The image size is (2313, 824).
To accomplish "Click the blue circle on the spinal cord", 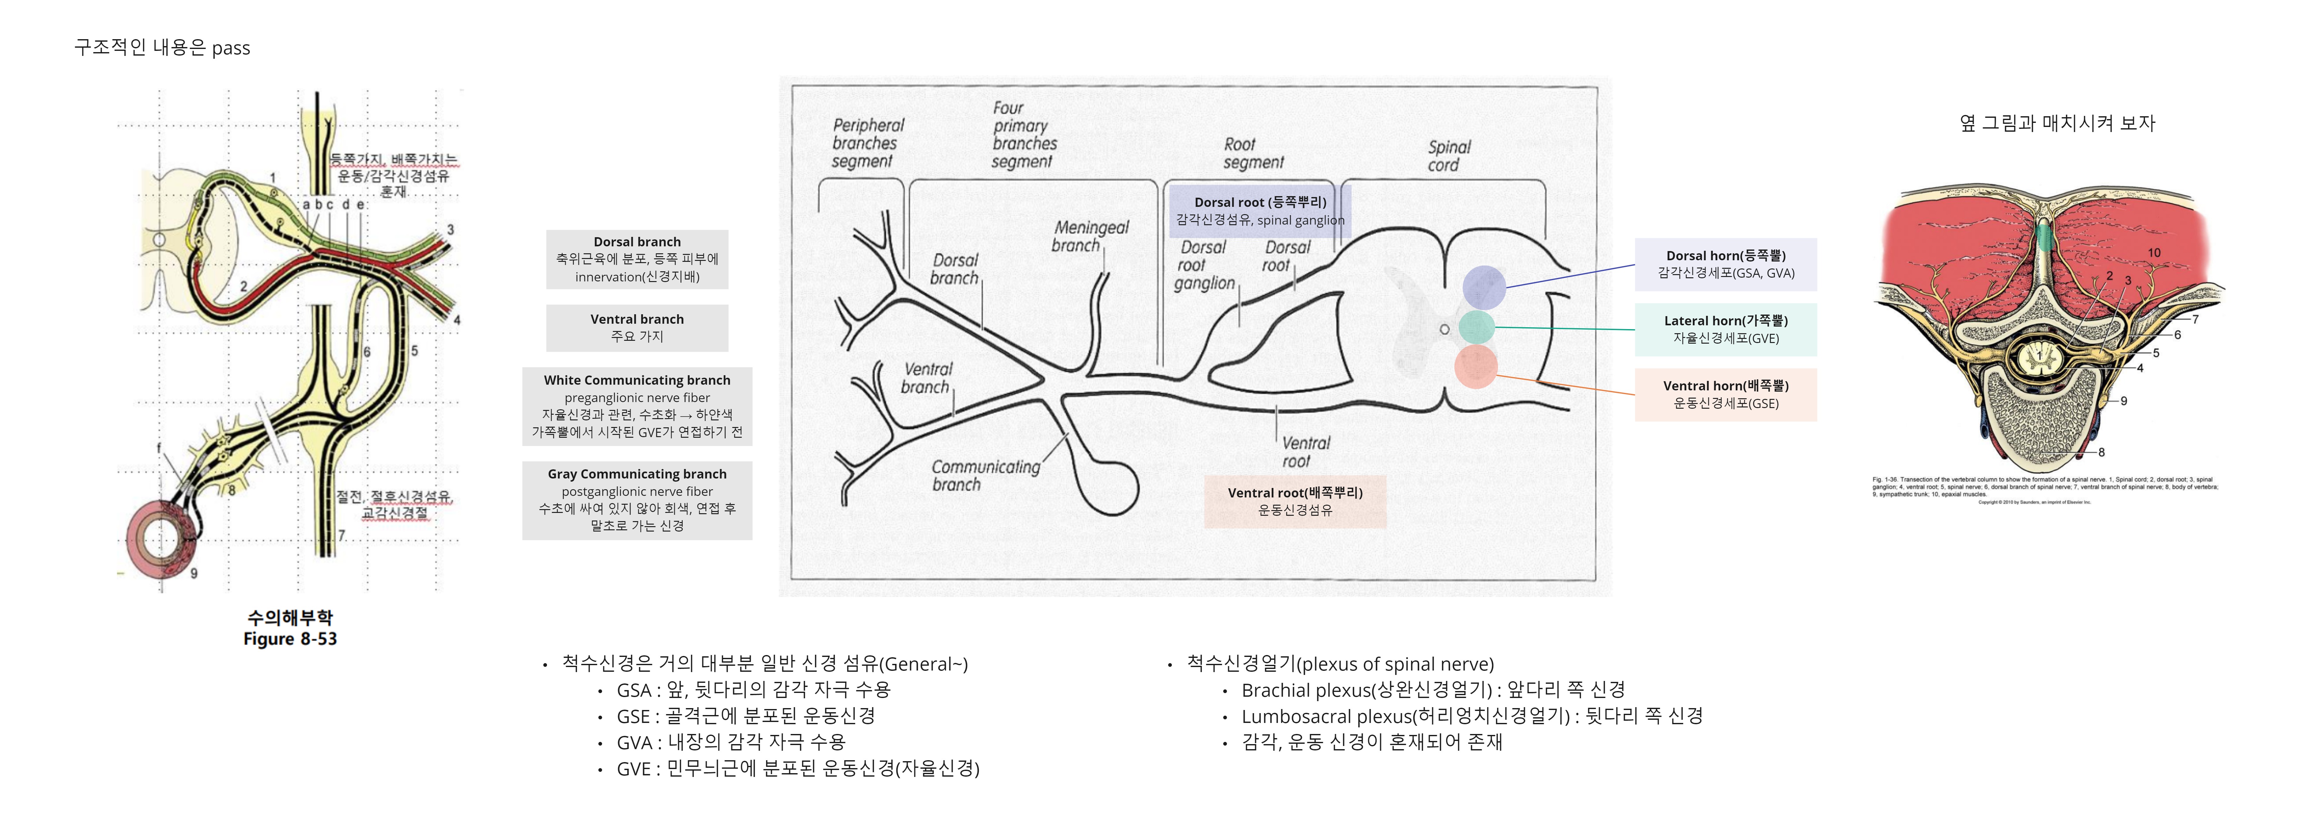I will (x=1483, y=287).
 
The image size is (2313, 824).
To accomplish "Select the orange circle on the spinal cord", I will (x=1475, y=367).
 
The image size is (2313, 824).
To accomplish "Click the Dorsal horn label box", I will (x=1725, y=264).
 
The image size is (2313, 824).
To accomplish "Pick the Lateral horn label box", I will (x=1725, y=329).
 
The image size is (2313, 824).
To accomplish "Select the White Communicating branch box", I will (x=637, y=406).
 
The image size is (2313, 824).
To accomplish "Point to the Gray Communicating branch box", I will (x=637, y=500).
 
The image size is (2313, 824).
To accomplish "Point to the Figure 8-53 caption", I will (x=289, y=639).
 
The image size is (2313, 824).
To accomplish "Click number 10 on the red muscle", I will (x=2153, y=252).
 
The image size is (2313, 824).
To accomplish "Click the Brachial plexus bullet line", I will (x=1432, y=690).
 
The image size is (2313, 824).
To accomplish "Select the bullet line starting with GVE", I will (x=797, y=768).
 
